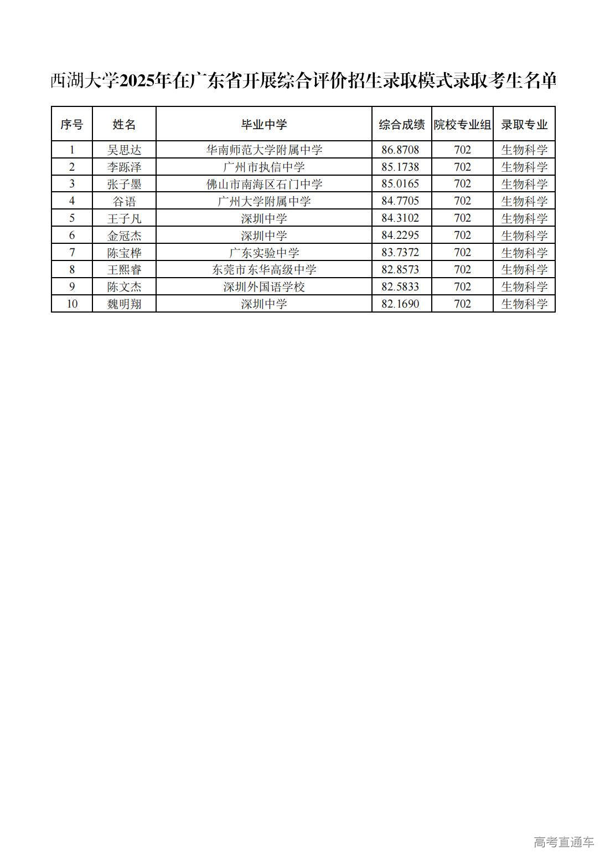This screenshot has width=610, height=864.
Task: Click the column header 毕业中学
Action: [x=263, y=124]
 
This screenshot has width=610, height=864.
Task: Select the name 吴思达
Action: [x=124, y=150]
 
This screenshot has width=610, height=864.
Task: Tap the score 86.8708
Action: [x=400, y=150]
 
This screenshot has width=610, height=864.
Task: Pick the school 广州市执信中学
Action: [x=263, y=167]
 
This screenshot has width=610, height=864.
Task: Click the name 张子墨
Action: [x=124, y=184]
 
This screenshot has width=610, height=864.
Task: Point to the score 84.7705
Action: [x=400, y=201]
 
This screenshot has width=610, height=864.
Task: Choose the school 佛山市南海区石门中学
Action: [x=263, y=184]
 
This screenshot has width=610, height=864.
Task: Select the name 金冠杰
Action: [x=124, y=236]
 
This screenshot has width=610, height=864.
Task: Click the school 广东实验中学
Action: [x=263, y=253]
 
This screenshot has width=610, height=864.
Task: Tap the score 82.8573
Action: [x=400, y=270]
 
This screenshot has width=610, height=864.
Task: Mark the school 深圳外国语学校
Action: [x=263, y=287]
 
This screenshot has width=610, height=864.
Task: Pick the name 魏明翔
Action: [x=124, y=304]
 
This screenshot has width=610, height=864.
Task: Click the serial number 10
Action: [x=71, y=304]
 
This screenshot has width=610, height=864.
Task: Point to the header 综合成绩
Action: [x=401, y=124]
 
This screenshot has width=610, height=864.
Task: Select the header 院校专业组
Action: [x=462, y=124]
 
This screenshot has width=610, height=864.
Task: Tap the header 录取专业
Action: [x=524, y=124]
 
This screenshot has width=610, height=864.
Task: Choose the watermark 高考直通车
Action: [x=564, y=842]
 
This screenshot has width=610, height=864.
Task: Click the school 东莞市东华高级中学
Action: [x=263, y=270]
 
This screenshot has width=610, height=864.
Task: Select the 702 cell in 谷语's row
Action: [x=462, y=201]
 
